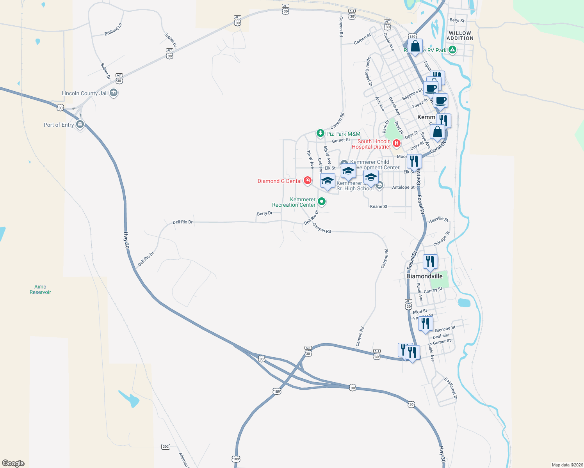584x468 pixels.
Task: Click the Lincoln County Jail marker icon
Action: click(114, 93)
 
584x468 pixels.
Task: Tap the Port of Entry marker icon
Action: click(80, 125)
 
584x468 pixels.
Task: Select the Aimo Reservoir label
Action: click(40, 289)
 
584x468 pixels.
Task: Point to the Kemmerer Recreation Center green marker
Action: click(322, 202)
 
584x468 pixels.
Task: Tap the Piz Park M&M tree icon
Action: click(320, 133)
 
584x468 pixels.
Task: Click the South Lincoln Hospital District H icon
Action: click(397, 144)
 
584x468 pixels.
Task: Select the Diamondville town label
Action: click(424, 276)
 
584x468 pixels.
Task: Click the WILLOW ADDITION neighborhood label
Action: click(460, 36)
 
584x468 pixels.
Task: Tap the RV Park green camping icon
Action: click(452, 50)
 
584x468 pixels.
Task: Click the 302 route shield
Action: click(166, 447)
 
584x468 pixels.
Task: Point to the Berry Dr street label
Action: click(265, 213)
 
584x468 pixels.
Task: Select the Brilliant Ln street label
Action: click(113, 30)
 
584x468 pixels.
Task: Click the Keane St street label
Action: click(379, 207)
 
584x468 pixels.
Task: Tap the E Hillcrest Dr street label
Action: click(450, 388)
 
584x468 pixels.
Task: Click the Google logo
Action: click(13, 463)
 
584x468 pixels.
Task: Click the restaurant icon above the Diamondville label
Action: click(430, 261)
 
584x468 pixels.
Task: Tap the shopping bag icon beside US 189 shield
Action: click(415, 46)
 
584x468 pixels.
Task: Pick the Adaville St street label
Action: click(439, 220)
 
